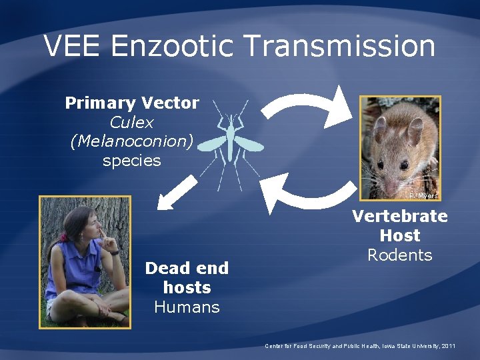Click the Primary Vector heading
pos(131,103)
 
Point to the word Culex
pos(131,123)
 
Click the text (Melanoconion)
pos(131,141)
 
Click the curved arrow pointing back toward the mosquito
pos(303,193)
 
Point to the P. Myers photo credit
pos(423,196)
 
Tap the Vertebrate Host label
pos(399,226)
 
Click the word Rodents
pos(399,255)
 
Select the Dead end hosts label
pos(187,278)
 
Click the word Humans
pos(187,307)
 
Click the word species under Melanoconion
pos(131,161)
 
